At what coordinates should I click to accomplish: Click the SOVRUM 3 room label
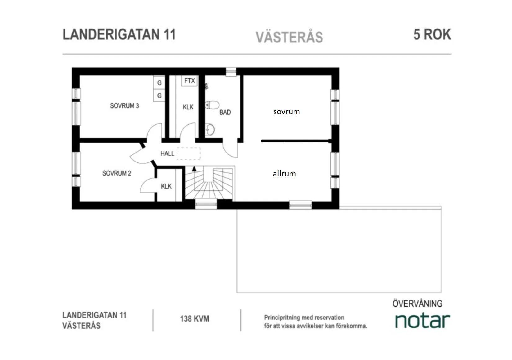click(124, 106)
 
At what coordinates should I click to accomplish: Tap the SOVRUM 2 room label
click(117, 173)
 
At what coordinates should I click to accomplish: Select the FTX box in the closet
click(189, 81)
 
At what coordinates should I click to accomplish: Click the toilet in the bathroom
click(213, 105)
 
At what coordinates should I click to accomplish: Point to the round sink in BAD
click(210, 130)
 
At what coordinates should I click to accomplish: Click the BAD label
click(225, 112)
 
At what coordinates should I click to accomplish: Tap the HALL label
click(167, 153)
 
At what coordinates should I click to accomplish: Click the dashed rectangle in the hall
click(189, 153)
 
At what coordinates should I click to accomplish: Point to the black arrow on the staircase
click(194, 169)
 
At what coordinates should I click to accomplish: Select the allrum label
click(284, 174)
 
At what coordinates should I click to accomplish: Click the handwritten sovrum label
click(286, 112)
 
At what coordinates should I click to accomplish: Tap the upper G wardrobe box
click(159, 83)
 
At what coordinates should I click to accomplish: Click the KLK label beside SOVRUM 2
click(166, 186)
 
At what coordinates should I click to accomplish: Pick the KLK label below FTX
click(188, 107)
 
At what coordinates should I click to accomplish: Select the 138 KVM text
click(195, 319)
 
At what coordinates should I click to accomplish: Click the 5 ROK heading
click(432, 34)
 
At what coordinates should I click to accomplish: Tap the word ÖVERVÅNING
click(417, 304)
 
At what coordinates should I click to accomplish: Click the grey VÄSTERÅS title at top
click(289, 37)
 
